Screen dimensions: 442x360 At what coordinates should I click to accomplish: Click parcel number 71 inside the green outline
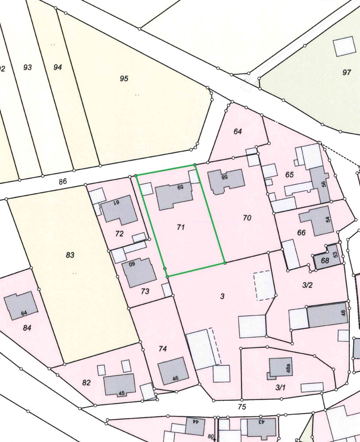pyautogui.click(x=180, y=227)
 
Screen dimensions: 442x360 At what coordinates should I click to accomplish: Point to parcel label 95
pyautogui.click(x=124, y=79)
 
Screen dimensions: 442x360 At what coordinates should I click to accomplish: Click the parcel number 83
pyautogui.click(x=70, y=255)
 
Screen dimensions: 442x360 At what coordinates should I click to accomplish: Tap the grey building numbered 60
pyautogui.click(x=139, y=272)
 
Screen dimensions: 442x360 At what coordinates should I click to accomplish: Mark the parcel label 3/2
pyautogui.click(x=307, y=285)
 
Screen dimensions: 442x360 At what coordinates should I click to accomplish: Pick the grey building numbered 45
pyautogui.click(x=119, y=384)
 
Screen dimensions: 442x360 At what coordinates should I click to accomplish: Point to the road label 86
pyautogui.click(x=62, y=181)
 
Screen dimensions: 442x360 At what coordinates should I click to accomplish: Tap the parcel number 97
pyautogui.click(x=346, y=72)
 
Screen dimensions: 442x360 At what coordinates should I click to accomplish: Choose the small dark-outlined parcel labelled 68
pyautogui.click(x=325, y=261)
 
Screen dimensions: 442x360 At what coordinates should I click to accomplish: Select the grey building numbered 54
pyautogui.click(x=317, y=220)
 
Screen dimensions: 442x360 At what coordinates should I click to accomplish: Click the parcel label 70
pyautogui.click(x=247, y=217)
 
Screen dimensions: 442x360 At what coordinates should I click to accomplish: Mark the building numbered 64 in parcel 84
pyautogui.click(x=20, y=305)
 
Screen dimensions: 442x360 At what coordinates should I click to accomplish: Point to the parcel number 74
pyautogui.click(x=163, y=349)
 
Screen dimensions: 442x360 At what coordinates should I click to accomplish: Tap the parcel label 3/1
pyautogui.click(x=280, y=388)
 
